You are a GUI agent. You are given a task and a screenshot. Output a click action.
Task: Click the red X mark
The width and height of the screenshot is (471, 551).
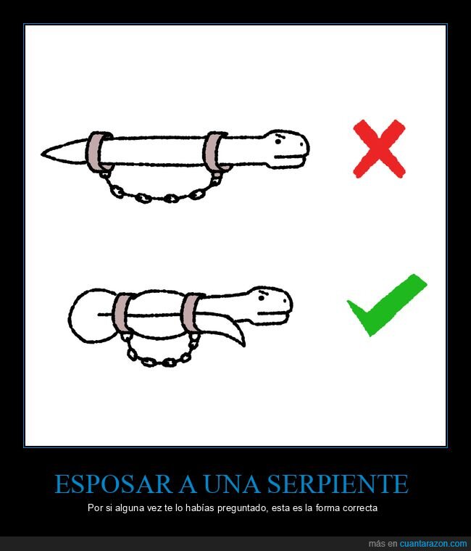pyautogui.click(x=378, y=149)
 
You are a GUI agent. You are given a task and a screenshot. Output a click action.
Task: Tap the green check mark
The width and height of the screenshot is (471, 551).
pyautogui.click(x=385, y=304)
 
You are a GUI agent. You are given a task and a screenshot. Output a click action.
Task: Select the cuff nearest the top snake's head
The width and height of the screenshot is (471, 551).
pyautogui.click(x=215, y=152)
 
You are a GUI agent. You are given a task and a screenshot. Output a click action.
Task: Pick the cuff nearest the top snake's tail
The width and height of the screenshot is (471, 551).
pyautogui.click(x=98, y=153)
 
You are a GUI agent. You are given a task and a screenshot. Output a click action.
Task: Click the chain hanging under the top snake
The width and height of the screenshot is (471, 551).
pyautogui.click(x=156, y=194)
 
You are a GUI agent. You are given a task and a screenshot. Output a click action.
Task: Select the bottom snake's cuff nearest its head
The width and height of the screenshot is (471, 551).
pyautogui.click(x=193, y=313)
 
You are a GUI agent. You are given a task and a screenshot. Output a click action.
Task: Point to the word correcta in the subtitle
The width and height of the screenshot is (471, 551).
pyautogui.click(x=358, y=507)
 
